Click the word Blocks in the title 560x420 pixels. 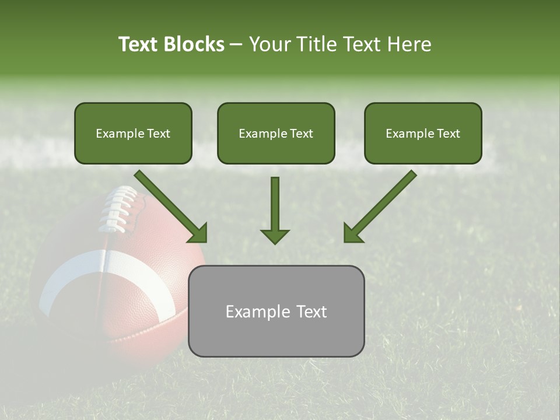(x=195, y=44)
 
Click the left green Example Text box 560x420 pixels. (x=133, y=133)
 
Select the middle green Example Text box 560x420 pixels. (x=276, y=133)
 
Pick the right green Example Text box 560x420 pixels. (x=423, y=133)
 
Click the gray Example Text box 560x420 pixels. (x=276, y=311)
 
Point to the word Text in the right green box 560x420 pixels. (x=449, y=134)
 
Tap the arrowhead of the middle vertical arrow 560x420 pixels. (x=275, y=236)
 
